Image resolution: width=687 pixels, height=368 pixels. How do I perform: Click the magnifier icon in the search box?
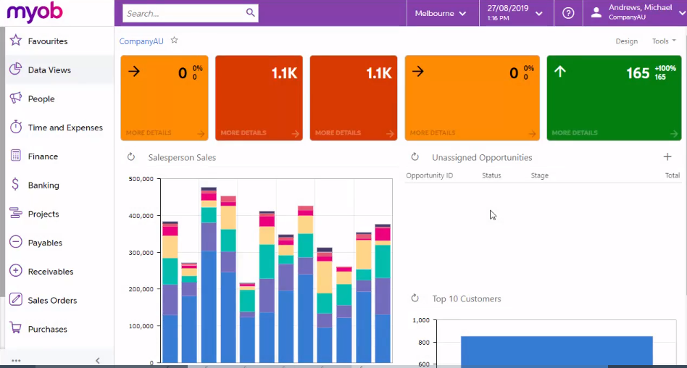pyautogui.click(x=250, y=13)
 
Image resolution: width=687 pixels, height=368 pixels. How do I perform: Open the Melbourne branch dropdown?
pyautogui.click(x=441, y=13)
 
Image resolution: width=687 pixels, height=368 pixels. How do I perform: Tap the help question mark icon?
pyautogui.click(x=568, y=13)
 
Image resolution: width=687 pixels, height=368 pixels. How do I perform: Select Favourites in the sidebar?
pyautogui.click(x=48, y=41)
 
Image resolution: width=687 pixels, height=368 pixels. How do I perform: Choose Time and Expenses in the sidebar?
pyautogui.click(x=65, y=127)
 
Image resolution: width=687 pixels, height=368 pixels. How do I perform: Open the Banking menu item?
pyautogui.click(x=43, y=185)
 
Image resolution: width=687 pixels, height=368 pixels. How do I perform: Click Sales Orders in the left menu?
pyautogui.click(x=52, y=301)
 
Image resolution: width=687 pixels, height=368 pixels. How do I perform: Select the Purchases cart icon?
pyautogui.click(x=15, y=328)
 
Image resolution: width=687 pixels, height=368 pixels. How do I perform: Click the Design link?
pyautogui.click(x=626, y=41)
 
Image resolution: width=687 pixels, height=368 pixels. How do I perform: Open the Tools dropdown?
pyautogui.click(x=663, y=41)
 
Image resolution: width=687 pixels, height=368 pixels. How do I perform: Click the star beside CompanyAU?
pyautogui.click(x=174, y=41)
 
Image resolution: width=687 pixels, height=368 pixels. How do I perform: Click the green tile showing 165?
pyautogui.click(x=614, y=98)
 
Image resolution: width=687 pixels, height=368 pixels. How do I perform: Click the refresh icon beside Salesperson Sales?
pyautogui.click(x=131, y=157)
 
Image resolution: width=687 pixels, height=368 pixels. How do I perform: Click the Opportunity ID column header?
pyautogui.click(x=429, y=176)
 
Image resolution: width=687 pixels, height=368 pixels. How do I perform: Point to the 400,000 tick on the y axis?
pyautogui.click(x=141, y=216)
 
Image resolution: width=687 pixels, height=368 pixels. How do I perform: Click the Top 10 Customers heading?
pyautogui.click(x=466, y=298)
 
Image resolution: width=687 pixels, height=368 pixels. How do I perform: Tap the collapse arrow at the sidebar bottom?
pyautogui.click(x=98, y=361)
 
